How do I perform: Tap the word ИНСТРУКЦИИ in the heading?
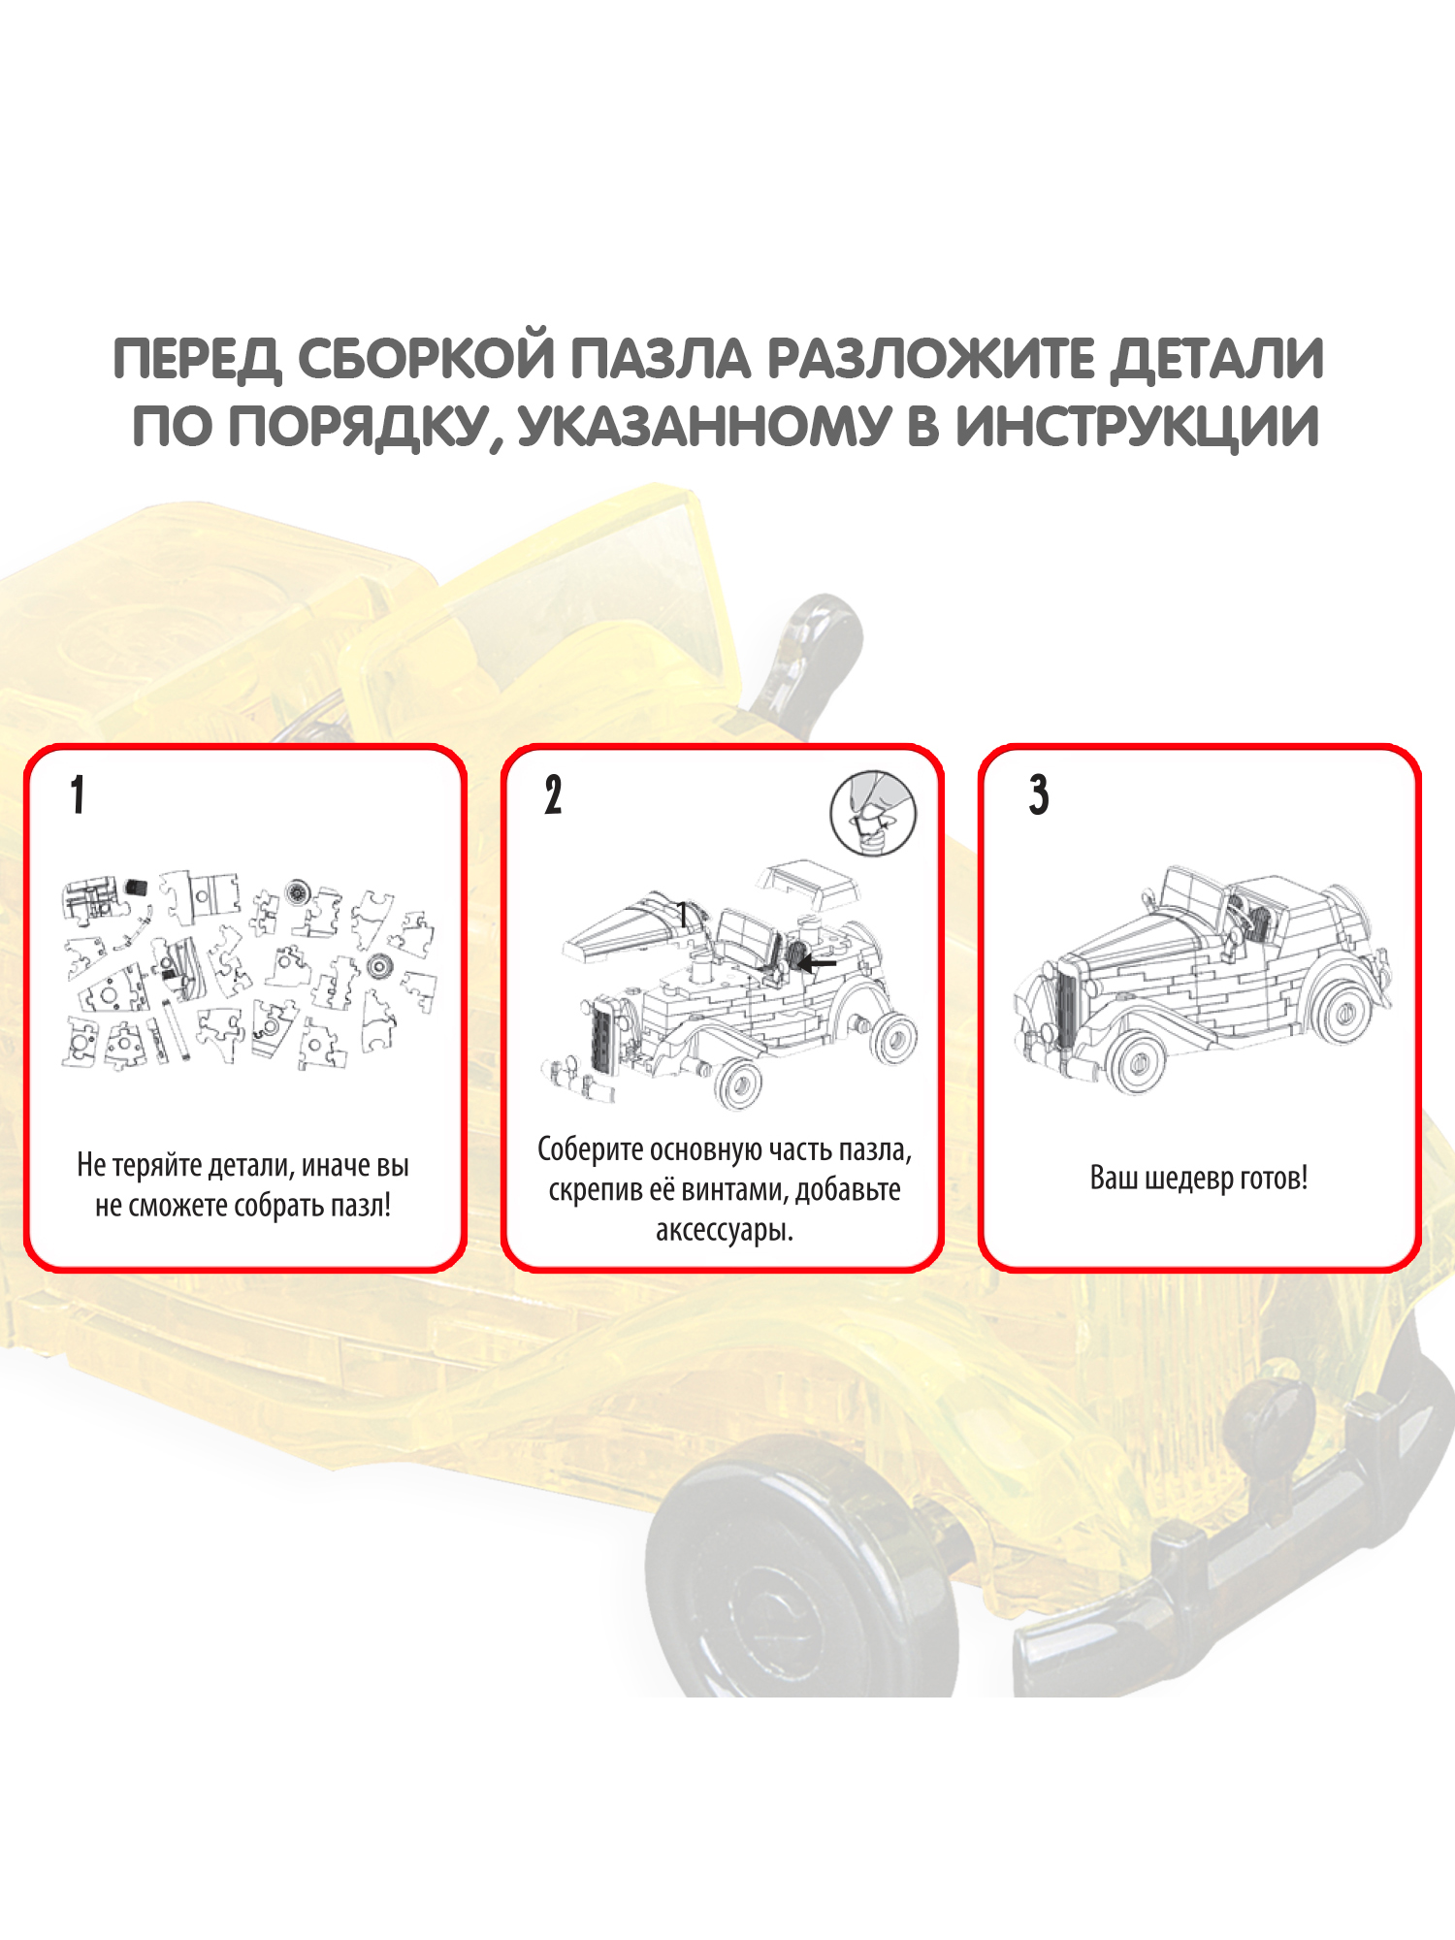pyautogui.click(x=1137, y=427)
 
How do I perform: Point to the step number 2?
pyautogui.click(x=553, y=794)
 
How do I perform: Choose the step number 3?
pyautogui.click(x=1039, y=794)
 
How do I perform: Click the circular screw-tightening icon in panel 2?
pyautogui.click(x=873, y=813)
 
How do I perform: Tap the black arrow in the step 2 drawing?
pyautogui.click(x=817, y=963)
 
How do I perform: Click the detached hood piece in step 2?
pyautogui.click(x=640, y=924)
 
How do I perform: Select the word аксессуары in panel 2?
pyautogui.click(x=723, y=1231)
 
